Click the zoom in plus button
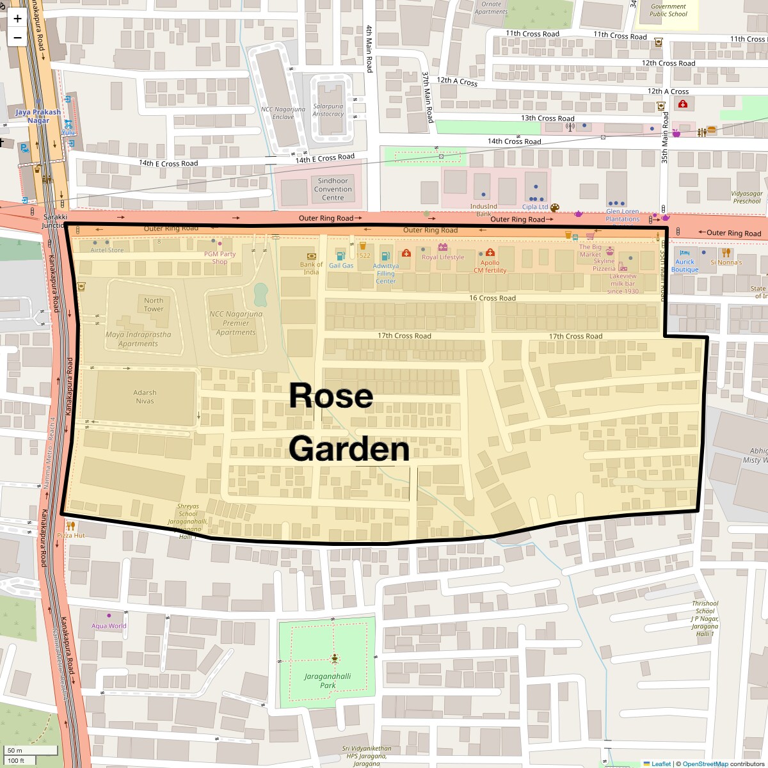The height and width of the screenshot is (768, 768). coord(17,19)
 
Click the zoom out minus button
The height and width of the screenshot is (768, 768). coord(17,38)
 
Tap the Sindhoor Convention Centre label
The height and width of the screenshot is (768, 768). coord(333,189)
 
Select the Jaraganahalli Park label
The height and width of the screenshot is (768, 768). coord(328,680)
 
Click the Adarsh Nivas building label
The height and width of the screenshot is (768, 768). coord(145,397)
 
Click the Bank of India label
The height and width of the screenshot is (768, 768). coord(311,268)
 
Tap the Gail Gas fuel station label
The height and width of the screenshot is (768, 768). coord(341,266)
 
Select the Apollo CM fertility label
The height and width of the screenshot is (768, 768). coord(490,266)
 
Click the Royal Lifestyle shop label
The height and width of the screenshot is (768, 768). coord(443,257)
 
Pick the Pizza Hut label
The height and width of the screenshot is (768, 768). coord(70,535)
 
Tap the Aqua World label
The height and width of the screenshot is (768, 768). coord(109,626)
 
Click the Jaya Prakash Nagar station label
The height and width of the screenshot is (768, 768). coord(38,116)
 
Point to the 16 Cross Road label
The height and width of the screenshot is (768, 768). coord(492,298)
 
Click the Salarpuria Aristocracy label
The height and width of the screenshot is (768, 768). coord(328,110)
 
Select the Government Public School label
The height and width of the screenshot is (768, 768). coord(668,10)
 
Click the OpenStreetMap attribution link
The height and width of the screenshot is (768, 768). coord(705,764)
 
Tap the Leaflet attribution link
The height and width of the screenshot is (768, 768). coord(660,764)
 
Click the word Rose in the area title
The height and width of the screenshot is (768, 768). coord(331,396)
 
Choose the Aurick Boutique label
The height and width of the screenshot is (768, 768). coord(685,266)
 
